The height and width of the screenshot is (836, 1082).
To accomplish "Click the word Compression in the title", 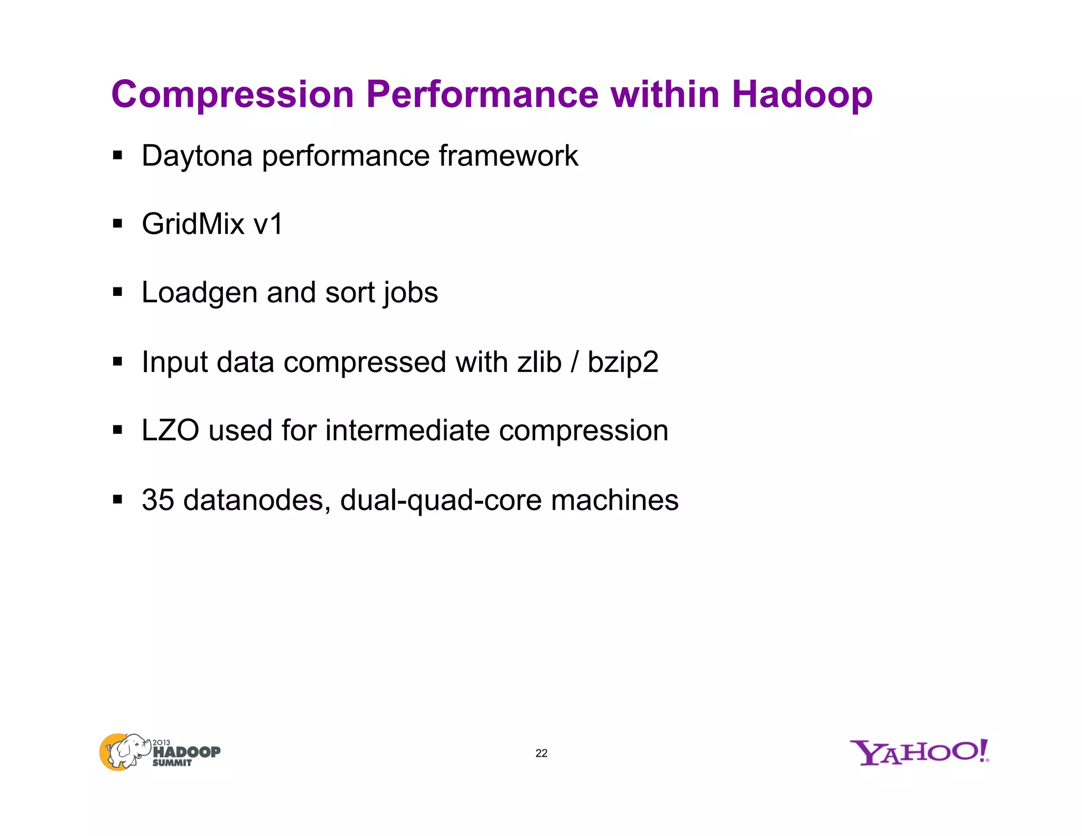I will point(232,95).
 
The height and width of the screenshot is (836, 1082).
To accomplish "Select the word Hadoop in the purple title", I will point(801,95).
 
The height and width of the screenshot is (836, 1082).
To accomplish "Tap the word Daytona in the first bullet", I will point(197,156).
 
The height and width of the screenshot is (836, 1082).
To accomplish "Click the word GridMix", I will point(193,224).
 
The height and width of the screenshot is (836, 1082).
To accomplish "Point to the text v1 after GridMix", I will point(268,224).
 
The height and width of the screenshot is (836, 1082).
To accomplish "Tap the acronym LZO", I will point(170,430).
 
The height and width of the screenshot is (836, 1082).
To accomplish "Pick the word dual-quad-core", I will point(441,500).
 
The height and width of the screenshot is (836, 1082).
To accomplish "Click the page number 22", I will point(541,753).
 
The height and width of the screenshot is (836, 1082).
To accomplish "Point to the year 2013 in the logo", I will point(161,742).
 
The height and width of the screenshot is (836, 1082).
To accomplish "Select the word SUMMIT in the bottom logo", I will point(172,763).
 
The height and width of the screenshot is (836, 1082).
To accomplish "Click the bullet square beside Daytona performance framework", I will point(117,156).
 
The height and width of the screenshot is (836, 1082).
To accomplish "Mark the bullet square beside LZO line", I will point(117,430).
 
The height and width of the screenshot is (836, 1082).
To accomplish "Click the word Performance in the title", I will point(482,95).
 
